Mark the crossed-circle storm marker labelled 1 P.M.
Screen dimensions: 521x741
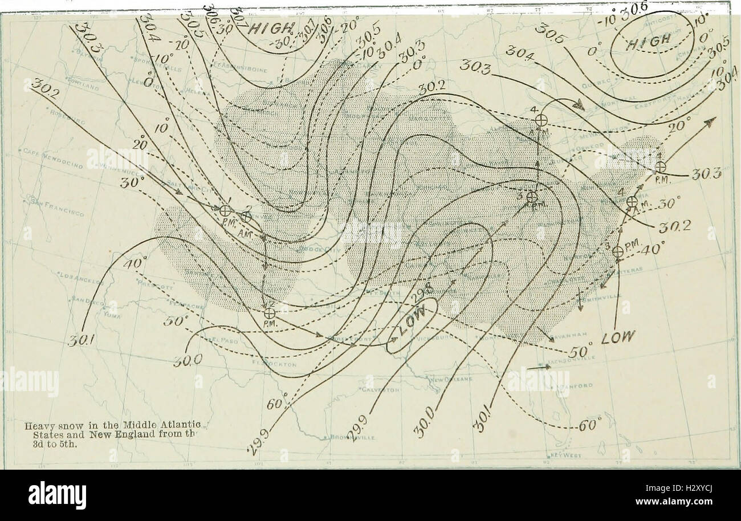(x=225, y=210)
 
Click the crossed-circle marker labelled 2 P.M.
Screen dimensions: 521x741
(x=270, y=313)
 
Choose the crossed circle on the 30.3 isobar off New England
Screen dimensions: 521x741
(x=660, y=166)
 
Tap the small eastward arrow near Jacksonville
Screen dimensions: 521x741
(x=538, y=367)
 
